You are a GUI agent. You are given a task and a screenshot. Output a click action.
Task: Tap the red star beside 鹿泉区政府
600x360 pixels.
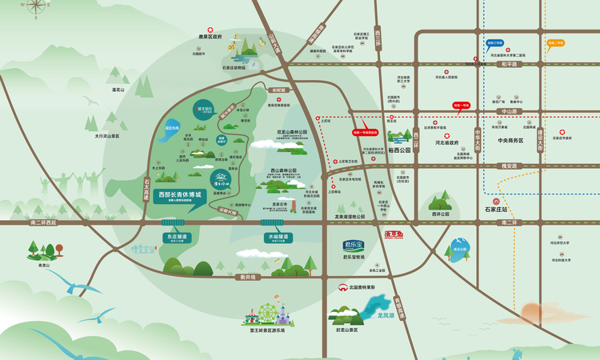pyautogui.click(x=211, y=30)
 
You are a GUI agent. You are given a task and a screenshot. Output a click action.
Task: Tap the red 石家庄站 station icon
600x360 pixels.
pyautogui.click(x=496, y=202)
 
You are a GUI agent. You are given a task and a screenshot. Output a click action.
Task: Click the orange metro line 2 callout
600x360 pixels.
pyautogui.click(x=555, y=42)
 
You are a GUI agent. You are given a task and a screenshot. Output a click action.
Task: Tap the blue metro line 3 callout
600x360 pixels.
pyautogui.click(x=494, y=42)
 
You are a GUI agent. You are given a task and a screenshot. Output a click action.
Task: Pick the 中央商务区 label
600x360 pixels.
pyautogui.click(x=510, y=141)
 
